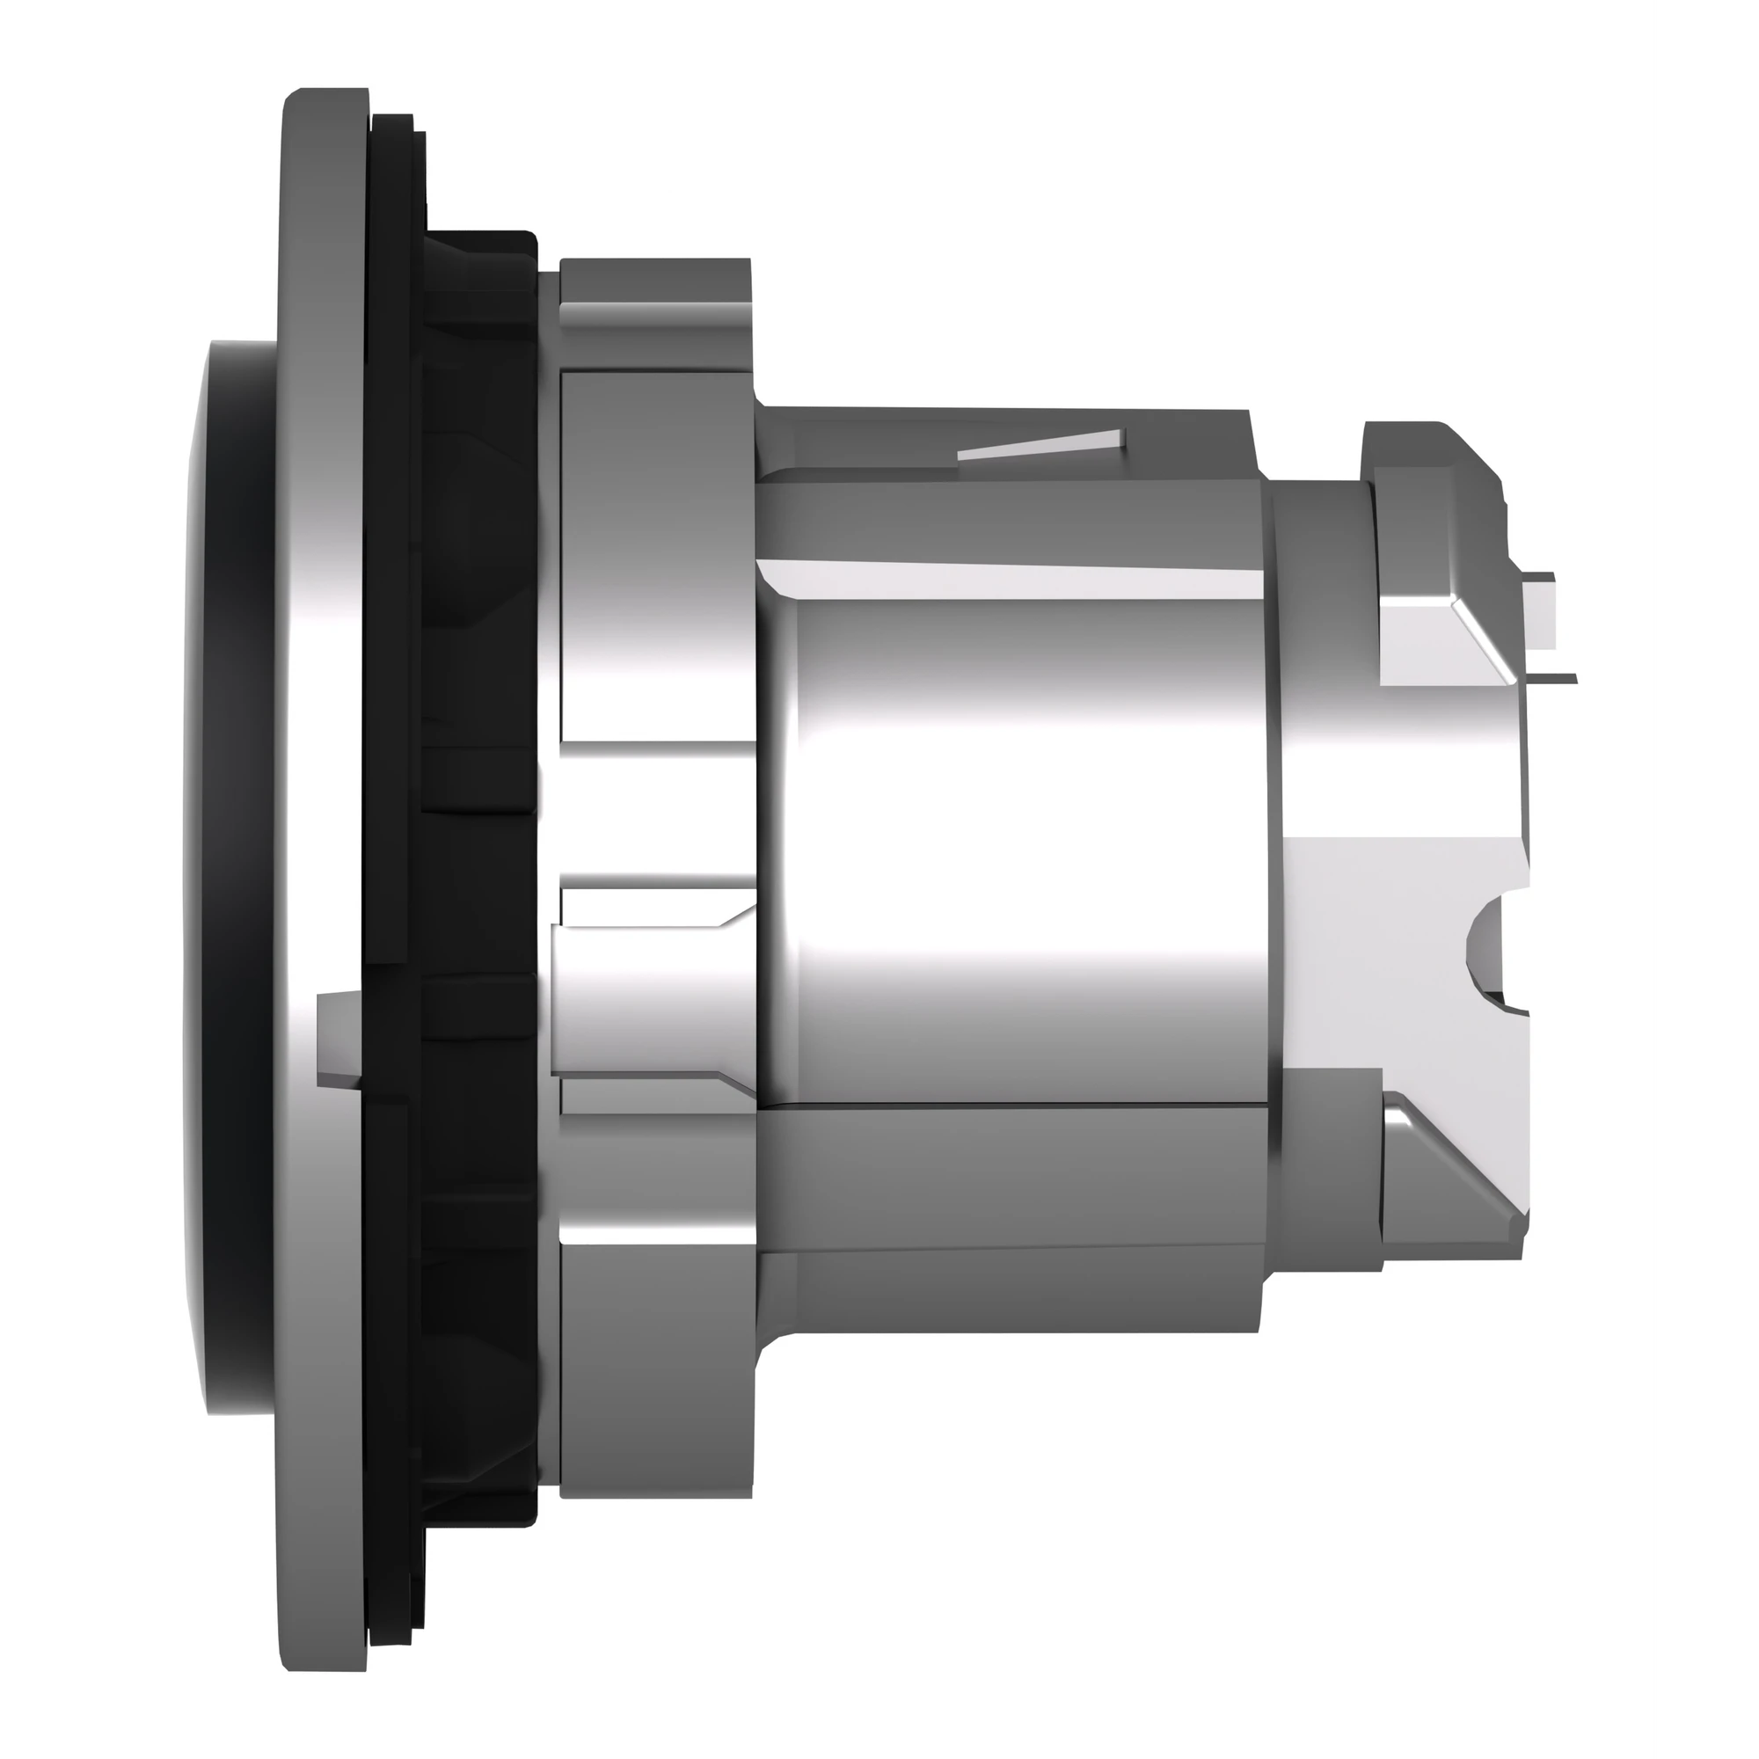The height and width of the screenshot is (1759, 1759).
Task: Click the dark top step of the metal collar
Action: click(x=655, y=282)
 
